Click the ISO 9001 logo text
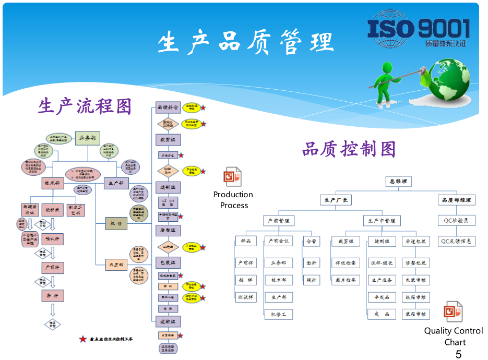[418, 29]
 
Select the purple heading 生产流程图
[85, 106]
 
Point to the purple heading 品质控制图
[349, 149]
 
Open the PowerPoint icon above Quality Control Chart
[453, 312]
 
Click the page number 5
[458, 354]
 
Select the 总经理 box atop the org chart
[398, 182]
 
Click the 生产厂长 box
[336, 200]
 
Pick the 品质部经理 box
[456, 200]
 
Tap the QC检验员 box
[456, 221]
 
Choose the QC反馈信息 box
[456, 241]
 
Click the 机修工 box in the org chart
[278, 314]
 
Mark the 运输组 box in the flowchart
[168, 321]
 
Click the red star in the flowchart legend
[82, 339]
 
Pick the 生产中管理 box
[382, 221]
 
